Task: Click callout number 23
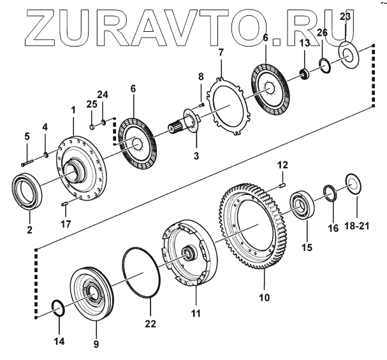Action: point(344,15)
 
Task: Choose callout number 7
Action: point(221,52)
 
